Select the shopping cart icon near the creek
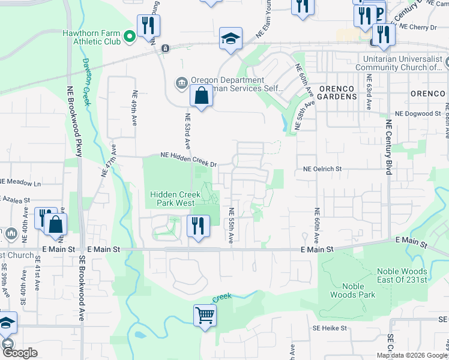coord(205,315)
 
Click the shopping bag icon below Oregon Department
coord(201,95)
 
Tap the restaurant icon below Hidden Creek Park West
coord(196,226)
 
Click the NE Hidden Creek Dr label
coord(188,156)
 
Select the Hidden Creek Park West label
coord(175,199)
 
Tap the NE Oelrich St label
coord(322,170)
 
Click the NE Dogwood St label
coord(418,114)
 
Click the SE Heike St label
coord(330,328)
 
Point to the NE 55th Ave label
coord(231,226)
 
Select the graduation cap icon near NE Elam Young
coord(231,38)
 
